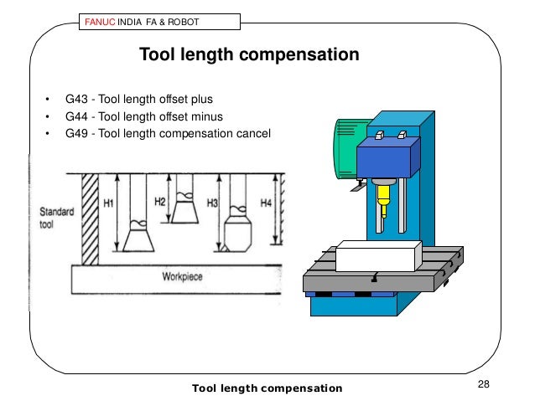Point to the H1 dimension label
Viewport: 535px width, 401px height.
(x=108, y=202)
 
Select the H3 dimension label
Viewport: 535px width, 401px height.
(x=212, y=202)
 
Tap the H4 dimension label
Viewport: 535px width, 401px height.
(x=265, y=202)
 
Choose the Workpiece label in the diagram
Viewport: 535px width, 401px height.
(x=184, y=275)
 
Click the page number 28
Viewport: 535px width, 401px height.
(x=483, y=384)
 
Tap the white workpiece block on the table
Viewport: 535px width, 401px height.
(x=377, y=256)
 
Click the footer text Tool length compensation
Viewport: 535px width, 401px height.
(x=267, y=388)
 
